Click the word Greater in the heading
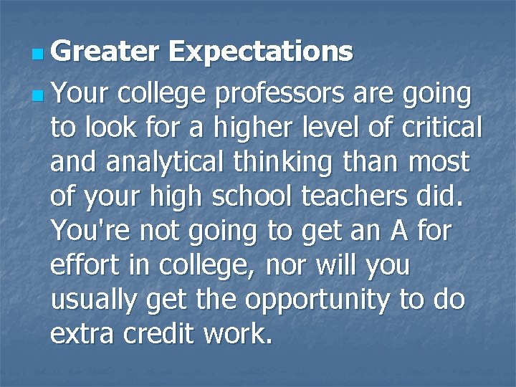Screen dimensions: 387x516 click(105, 52)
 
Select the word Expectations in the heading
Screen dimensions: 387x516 click(261, 52)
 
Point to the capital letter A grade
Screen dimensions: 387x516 click(398, 231)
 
